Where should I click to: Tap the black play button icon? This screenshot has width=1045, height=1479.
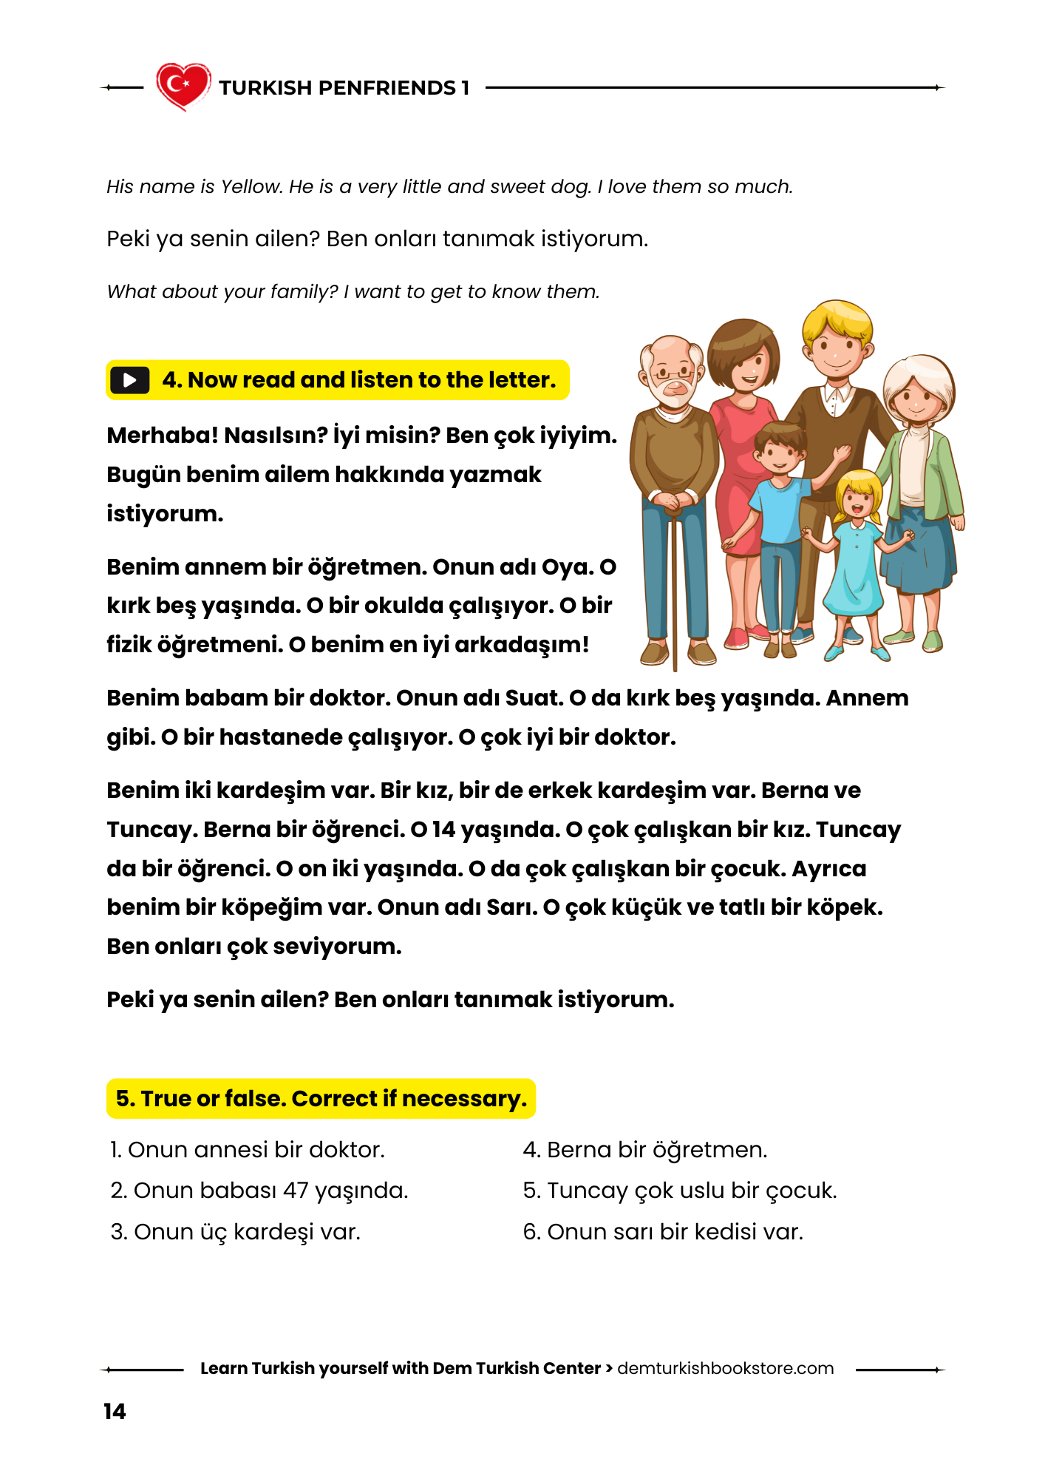point(130,380)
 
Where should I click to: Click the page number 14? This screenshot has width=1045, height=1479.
point(115,1411)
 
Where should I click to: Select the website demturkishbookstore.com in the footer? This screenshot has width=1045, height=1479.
point(725,1368)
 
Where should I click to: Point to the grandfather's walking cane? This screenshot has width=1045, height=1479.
point(675,592)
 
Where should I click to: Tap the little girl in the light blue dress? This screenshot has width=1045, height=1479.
point(857,562)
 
